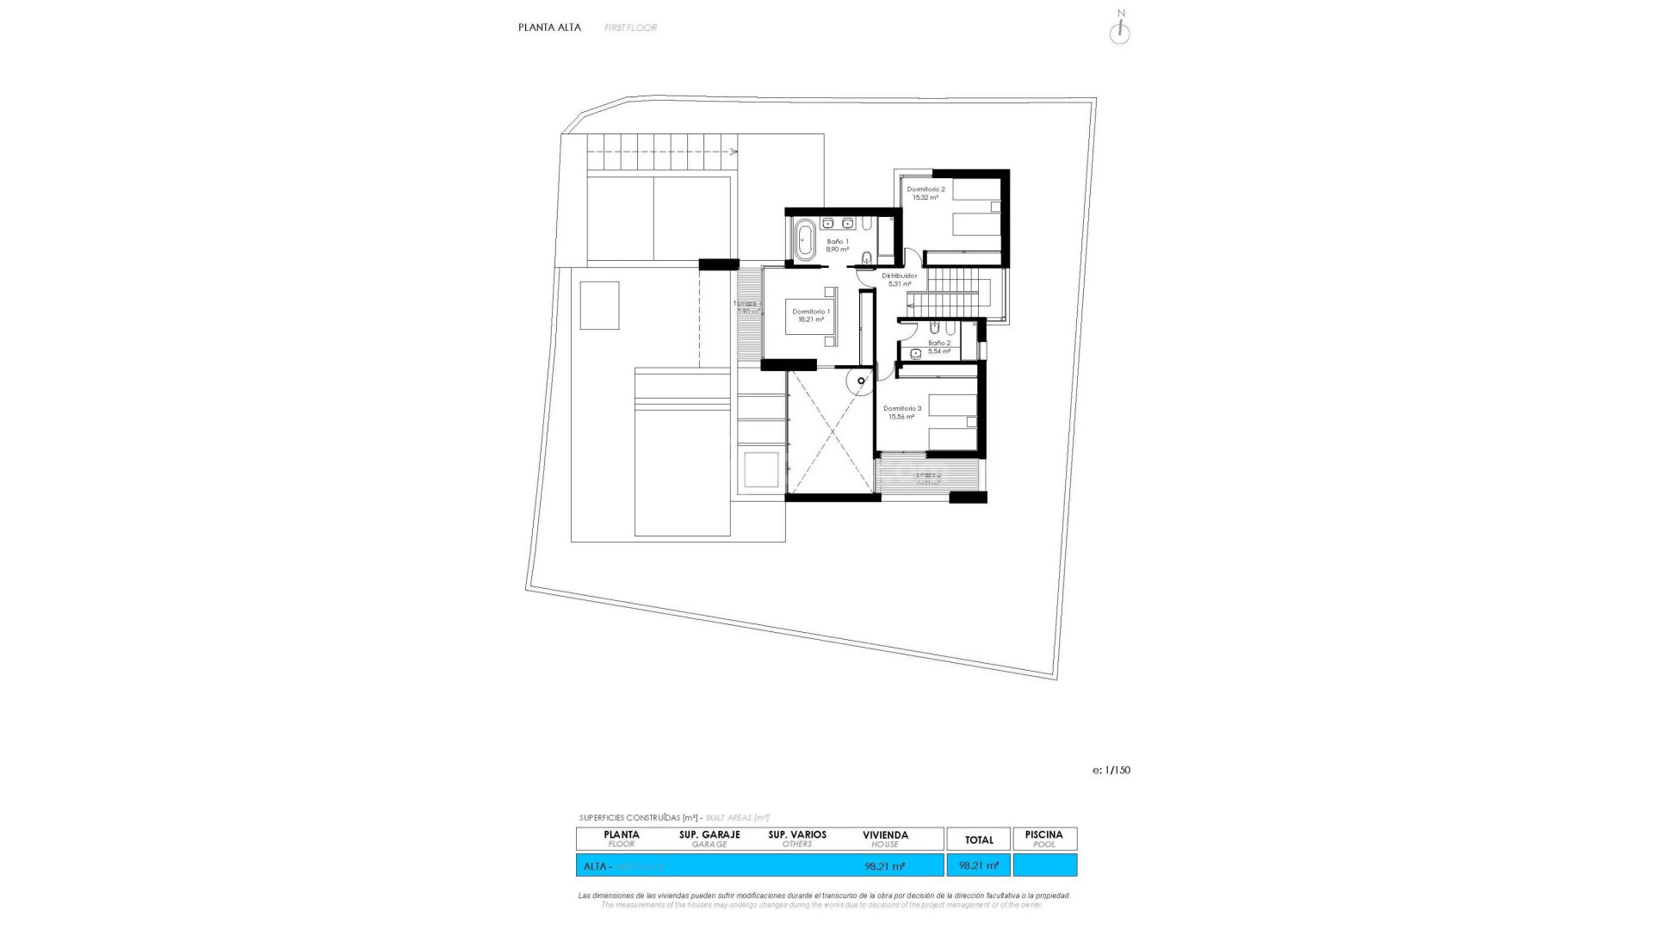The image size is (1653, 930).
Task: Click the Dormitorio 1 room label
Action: coord(811,312)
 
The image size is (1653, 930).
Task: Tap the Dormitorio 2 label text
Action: coord(926,189)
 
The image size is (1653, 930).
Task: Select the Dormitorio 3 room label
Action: coord(902,409)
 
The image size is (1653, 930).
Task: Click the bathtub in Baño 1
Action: coord(805,240)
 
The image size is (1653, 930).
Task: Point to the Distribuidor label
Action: coord(900,276)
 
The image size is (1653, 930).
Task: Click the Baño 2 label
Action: coord(939,343)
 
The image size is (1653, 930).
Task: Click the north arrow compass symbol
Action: coord(1119,32)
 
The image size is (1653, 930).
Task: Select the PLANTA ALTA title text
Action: coord(549,28)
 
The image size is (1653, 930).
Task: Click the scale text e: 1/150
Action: coord(1111,771)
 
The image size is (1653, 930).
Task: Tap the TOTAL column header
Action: coord(979,840)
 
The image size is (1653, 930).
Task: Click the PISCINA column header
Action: coord(1044,835)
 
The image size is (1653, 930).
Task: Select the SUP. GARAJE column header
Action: coord(709,835)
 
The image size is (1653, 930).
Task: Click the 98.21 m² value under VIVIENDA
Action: coord(884,866)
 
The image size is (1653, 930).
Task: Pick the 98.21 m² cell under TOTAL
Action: coord(979,865)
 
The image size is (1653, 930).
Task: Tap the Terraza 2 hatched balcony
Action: coord(928,476)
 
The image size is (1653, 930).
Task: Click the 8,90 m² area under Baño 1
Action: coord(837,250)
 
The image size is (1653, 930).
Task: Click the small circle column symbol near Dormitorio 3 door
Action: coord(861,381)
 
